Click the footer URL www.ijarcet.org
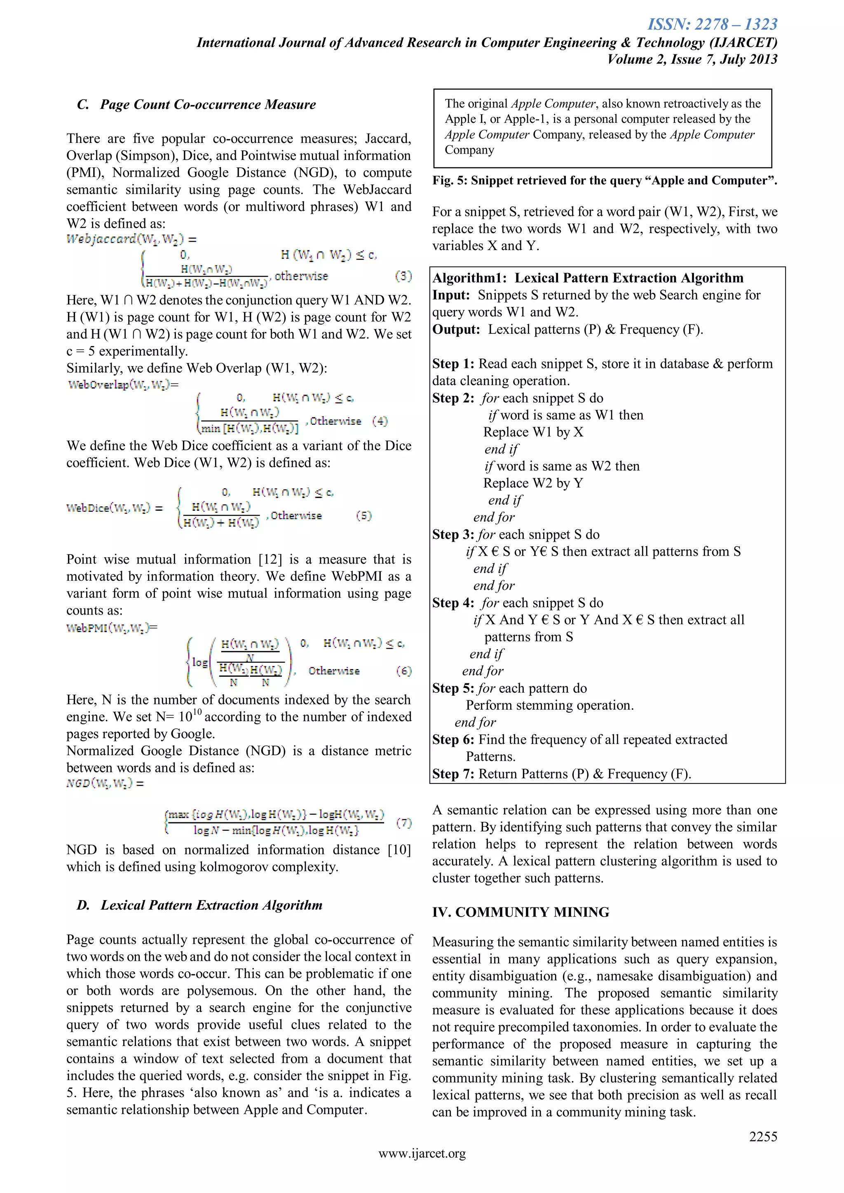pyautogui.click(x=422, y=1167)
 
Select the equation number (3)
pyautogui.click(x=403, y=276)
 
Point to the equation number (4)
pyautogui.click(x=380, y=421)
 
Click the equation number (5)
pyautogui.click(x=364, y=515)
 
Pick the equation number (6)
pyautogui.click(x=403, y=671)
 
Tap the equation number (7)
pyautogui.click(x=403, y=823)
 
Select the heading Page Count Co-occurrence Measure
pyautogui.click(x=207, y=105)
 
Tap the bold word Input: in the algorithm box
pyautogui.click(x=451, y=295)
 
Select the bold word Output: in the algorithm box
pyautogui.click(x=456, y=330)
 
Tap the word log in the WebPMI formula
pyautogui.click(x=199, y=662)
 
